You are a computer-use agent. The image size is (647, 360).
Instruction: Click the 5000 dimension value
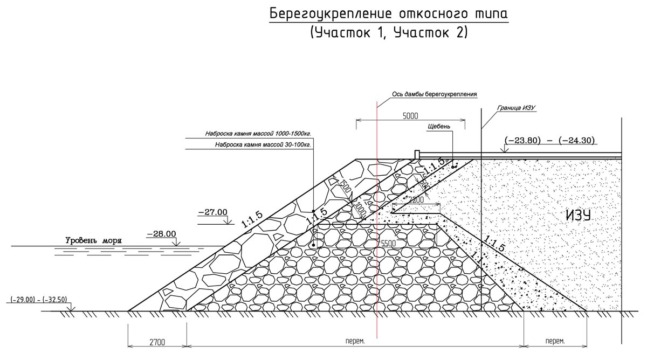(410, 116)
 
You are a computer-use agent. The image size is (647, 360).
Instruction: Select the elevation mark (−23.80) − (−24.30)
(549, 141)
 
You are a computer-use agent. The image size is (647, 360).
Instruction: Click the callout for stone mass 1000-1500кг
(258, 134)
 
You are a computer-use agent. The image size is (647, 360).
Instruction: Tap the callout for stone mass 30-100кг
(264, 145)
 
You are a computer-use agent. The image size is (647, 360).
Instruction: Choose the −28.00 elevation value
(161, 234)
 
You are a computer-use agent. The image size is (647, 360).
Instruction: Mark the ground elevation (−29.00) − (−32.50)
(38, 299)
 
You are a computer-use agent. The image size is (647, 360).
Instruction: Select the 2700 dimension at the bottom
(157, 342)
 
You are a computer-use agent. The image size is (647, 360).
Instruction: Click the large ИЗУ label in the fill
(579, 215)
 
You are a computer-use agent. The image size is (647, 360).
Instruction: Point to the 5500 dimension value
(388, 244)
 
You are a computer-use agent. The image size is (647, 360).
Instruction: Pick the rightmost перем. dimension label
(555, 341)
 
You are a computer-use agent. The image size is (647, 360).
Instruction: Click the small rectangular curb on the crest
(416, 155)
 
